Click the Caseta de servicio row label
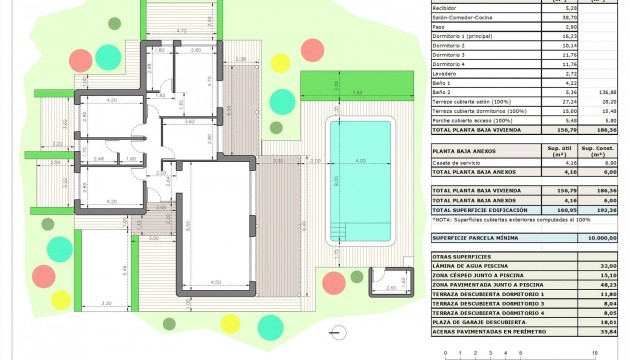click(456, 163)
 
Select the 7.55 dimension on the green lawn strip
click(357, 93)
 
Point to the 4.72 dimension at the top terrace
click(181, 32)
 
